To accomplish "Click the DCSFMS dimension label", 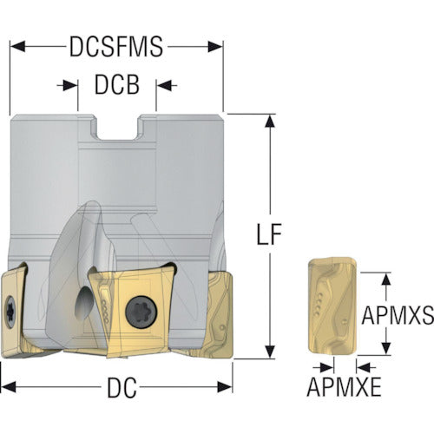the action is [x=116, y=47].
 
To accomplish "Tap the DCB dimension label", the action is [x=117, y=85].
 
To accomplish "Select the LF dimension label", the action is [x=269, y=233].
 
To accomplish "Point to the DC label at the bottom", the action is [x=122, y=388].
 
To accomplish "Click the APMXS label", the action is [x=398, y=315].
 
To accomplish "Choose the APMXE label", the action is [x=344, y=387].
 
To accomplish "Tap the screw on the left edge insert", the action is [x=10, y=312].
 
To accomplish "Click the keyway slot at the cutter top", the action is [x=117, y=128].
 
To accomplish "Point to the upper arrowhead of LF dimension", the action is [x=270, y=122].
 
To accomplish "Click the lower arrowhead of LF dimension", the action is [x=270, y=352].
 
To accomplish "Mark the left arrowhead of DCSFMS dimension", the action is [x=18, y=47].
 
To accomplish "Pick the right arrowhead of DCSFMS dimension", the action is [x=215, y=47].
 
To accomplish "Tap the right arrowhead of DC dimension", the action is [x=225, y=387].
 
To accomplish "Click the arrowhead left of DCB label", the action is [x=70, y=85].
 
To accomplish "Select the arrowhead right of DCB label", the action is [x=163, y=85].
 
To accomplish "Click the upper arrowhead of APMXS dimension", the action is [x=386, y=279].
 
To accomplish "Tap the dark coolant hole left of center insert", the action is [x=83, y=303].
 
